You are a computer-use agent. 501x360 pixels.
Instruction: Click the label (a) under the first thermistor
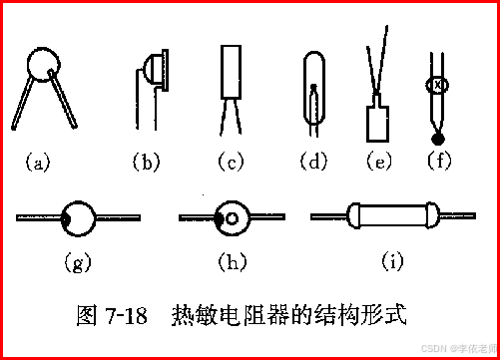click(38, 163)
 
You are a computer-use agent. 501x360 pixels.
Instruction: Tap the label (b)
click(146, 162)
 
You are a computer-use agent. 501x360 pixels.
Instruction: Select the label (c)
click(231, 162)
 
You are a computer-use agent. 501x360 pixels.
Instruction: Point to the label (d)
click(313, 162)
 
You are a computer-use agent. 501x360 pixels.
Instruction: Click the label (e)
click(379, 162)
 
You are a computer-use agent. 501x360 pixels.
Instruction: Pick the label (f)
click(439, 161)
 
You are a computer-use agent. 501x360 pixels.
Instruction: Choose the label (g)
click(78, 262)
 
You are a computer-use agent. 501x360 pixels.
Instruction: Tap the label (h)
click(233, 261)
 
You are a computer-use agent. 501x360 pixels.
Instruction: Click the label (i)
click(392, 261)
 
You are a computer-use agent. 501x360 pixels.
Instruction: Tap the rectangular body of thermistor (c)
click(231, 72)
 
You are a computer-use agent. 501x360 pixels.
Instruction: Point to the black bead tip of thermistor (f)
click(438, 139)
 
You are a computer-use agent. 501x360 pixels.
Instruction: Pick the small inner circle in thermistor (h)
click(232, 218)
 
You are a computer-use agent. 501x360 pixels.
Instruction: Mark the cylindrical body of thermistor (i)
click(393, 215)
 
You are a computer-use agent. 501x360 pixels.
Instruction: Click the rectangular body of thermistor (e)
click(377, 124)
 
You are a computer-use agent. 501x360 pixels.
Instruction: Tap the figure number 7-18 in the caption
click(126, 314)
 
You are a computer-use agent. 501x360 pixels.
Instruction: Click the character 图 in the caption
click(87, 315)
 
